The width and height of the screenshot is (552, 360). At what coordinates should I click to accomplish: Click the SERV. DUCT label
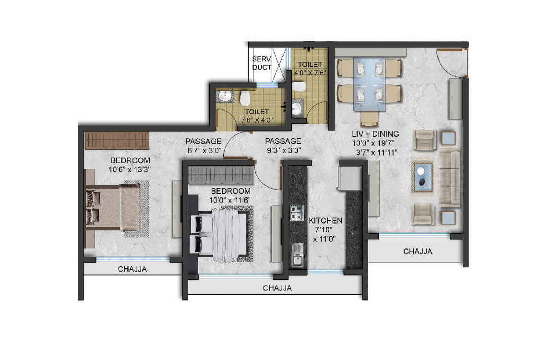(262, 63)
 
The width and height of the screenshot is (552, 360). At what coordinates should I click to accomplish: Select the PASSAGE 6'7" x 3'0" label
(204, 145)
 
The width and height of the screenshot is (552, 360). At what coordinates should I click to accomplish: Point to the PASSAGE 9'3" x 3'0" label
(283, 145)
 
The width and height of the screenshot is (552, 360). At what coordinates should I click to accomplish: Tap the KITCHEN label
(325, 221)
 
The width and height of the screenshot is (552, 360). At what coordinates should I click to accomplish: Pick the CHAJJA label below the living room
(417, 251)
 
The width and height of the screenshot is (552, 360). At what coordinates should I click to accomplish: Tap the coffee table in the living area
(422, 176)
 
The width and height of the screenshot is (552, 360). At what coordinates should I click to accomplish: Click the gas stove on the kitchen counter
(297, 212)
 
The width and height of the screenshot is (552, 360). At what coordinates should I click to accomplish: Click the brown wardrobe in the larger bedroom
(117, 141)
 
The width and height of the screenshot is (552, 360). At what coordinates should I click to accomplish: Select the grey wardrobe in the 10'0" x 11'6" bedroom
(220, 175)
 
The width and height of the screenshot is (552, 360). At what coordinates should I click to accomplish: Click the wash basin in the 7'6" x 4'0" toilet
(224, 97)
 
